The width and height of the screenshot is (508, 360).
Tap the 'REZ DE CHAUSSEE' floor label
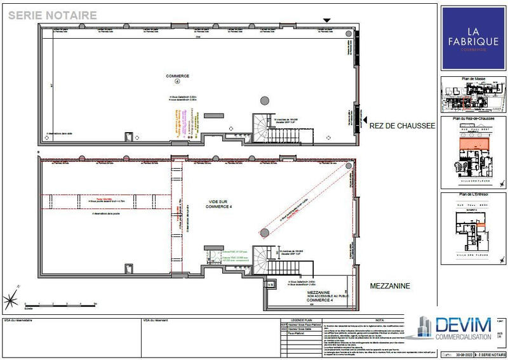402,126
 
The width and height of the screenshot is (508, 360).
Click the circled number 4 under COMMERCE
178,82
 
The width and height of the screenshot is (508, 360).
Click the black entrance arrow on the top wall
326,21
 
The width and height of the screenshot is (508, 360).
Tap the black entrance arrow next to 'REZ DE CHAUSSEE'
366,119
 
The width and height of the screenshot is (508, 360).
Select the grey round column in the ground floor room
264,100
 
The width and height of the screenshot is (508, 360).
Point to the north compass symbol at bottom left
11,298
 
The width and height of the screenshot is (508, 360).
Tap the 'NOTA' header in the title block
379,320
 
